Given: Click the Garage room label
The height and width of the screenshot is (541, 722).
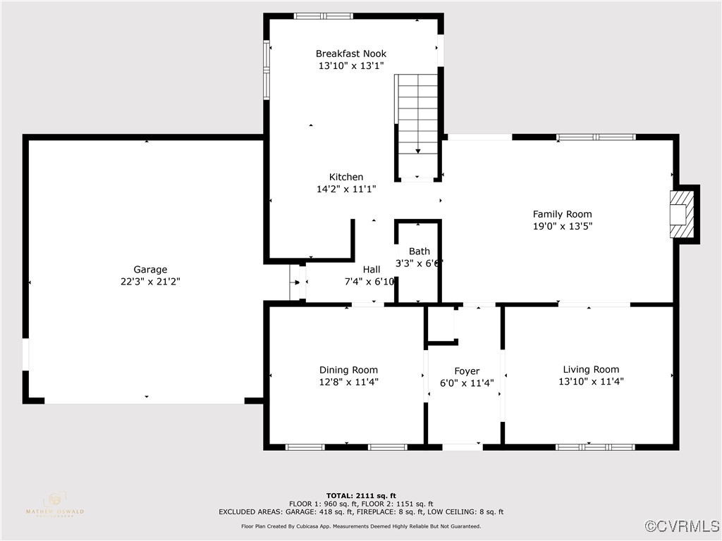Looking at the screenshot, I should coord(150,269).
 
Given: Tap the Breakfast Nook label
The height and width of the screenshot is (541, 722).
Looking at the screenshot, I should coord(350,54).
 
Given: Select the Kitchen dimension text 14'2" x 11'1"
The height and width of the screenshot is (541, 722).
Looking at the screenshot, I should coord(346,189).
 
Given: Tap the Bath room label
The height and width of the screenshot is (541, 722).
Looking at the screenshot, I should coord(419,251).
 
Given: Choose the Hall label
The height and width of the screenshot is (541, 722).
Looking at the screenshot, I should coord(371,269).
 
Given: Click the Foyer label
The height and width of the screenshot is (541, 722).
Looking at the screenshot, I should coord(466,371).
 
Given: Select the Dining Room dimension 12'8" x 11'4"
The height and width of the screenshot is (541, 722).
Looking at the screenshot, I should coord(348,382).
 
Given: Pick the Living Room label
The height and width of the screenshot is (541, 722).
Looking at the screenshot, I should coord(590,369).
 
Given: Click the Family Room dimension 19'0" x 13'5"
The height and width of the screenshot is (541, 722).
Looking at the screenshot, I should coord(562,226).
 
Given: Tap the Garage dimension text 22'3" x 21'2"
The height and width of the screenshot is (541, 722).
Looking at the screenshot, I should coord(150,281).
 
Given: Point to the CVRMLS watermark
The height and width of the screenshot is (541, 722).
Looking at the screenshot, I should coord(683,526).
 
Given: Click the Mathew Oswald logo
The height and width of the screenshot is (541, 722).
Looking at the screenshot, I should coord(54,504).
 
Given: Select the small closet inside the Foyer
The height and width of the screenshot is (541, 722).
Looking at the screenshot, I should coord(442,325).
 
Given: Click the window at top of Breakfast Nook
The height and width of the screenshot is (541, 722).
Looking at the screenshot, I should coord(323,15).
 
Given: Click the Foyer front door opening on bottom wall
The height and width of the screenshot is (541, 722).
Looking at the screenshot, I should coord(462,447).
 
